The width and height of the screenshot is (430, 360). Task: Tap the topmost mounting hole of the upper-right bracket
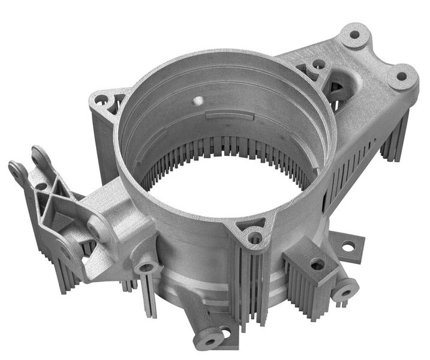coord(354,35)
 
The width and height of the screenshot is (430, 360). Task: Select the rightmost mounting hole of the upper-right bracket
coord(401,77)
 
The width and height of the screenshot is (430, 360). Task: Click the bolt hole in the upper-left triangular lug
coord(102,99)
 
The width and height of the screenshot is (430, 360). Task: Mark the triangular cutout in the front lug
coord(247,226)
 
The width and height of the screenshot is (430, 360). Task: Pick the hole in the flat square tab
coord(347,245)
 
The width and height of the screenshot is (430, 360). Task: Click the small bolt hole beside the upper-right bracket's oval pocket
coord(318,64)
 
